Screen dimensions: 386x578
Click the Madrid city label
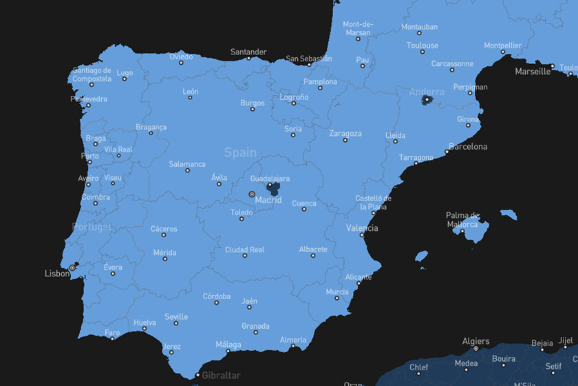coord(268,201)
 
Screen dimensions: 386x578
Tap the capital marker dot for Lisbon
coord(72,267)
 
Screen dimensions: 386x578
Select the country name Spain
coord(240,152)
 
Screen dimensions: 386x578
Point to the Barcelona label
coord(468,147)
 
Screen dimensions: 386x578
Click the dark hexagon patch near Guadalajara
coord(273,188)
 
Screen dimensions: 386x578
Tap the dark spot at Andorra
coord(427,100)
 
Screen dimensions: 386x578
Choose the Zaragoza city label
coord(345,134)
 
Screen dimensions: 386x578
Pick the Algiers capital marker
coord(475,349)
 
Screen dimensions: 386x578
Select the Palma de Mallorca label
coord(462,220)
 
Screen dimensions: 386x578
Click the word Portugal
coord(92,227)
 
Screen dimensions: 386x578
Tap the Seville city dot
coord(176,323)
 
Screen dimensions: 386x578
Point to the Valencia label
coord(362,228)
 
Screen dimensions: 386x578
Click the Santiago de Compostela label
coord(92,74)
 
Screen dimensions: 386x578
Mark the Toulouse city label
coord(422,45)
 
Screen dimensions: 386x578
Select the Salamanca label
coord(187,164)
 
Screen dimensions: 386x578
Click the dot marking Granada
coord(256,332)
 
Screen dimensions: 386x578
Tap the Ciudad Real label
coord(245,250)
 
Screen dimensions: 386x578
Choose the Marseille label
coord(533,71)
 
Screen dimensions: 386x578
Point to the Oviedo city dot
coord(182,63)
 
